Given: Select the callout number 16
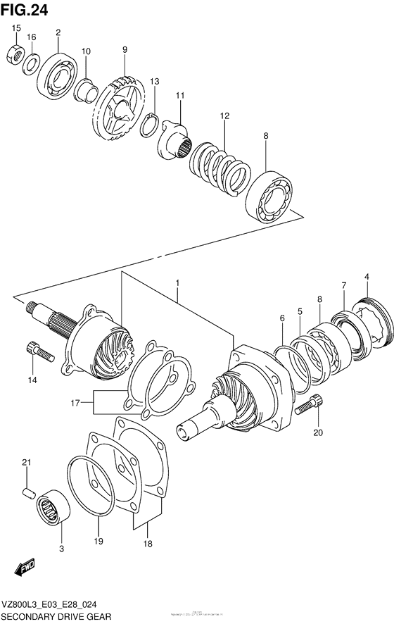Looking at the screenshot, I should (31, 37).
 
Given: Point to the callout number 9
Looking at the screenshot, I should (125, 50).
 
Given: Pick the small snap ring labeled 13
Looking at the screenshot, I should (148, 124).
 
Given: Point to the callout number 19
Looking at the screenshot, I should (99, 541).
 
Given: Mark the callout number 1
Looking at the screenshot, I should (178, 283).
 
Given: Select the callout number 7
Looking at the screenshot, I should (343, 285).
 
